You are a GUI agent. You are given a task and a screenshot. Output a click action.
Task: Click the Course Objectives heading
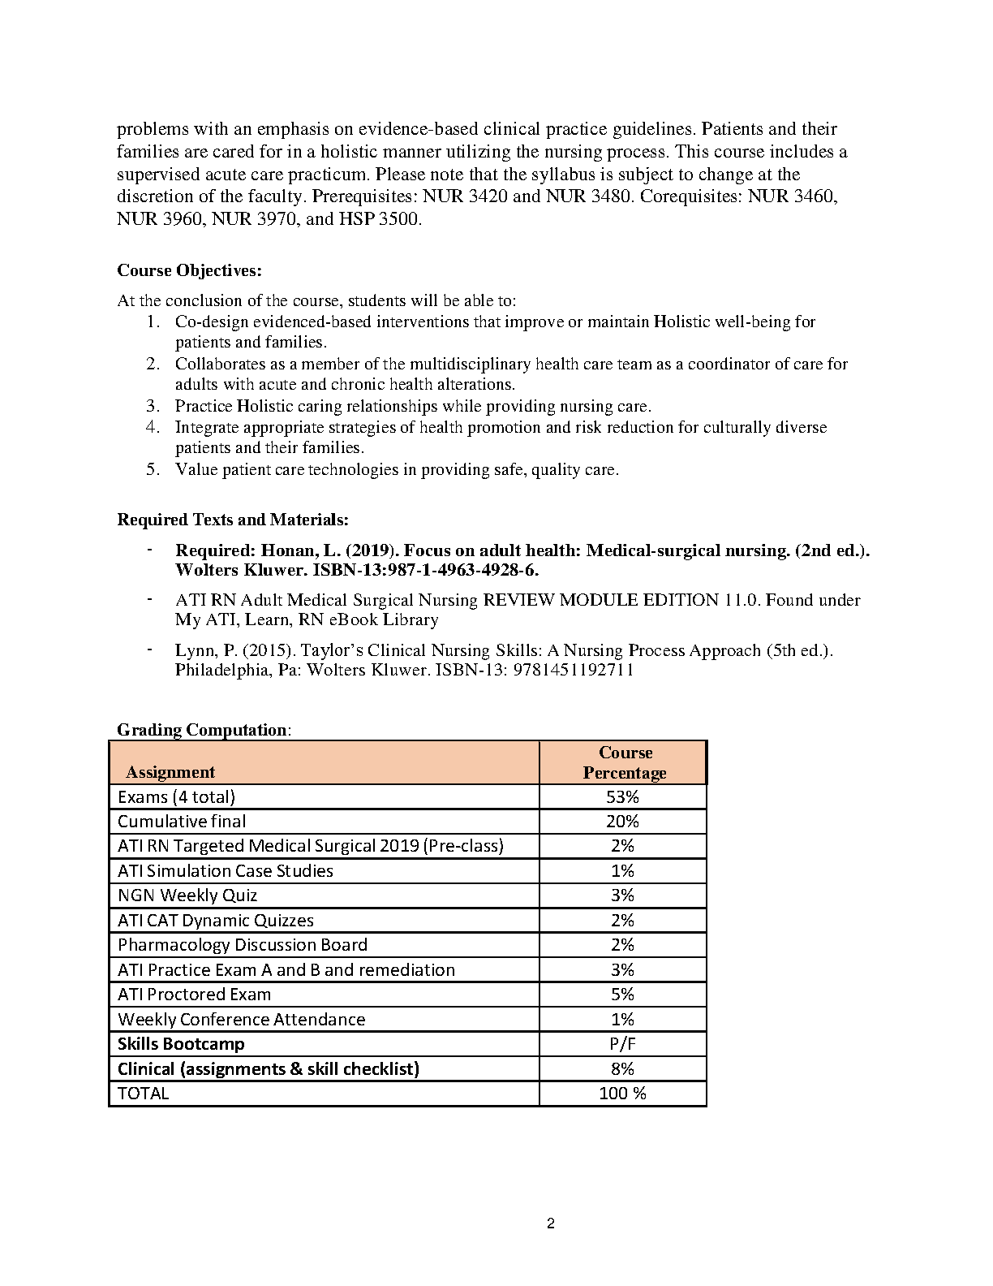[189, 270]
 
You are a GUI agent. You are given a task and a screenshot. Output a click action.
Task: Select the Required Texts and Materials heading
[233, 520]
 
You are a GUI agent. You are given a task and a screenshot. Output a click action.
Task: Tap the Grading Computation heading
[202, 730]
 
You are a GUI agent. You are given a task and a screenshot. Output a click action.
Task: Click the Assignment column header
[170, 772]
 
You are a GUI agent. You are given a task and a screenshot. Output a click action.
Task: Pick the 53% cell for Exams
[622, 796]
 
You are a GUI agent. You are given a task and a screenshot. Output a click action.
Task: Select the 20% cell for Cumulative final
[622, 821]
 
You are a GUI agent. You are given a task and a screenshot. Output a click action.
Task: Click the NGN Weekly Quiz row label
[187, 895]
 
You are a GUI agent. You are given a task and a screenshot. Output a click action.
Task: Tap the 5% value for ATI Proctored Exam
[622, 995]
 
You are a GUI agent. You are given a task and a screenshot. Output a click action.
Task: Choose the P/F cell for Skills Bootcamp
[622, 1044]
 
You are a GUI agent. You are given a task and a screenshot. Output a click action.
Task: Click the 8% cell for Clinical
[622, 1068]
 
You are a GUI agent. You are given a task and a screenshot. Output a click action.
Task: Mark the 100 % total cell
[622, 1094]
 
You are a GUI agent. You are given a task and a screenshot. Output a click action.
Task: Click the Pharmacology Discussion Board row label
[243, 945]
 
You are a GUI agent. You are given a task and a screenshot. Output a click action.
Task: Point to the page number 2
[551, 1224]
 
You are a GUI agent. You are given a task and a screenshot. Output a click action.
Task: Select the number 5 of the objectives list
[153, 469]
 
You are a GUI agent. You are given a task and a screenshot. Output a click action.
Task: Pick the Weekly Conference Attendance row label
[241, 1020]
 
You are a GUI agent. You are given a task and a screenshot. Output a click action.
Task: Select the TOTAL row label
[144, 1094]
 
